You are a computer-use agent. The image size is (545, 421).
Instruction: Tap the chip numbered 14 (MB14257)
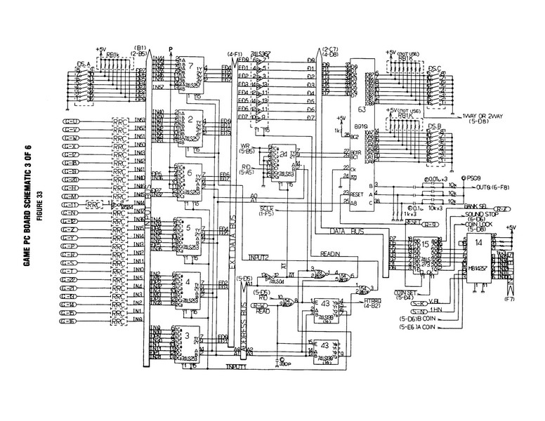pyautogui.click(x=478, y=242)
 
